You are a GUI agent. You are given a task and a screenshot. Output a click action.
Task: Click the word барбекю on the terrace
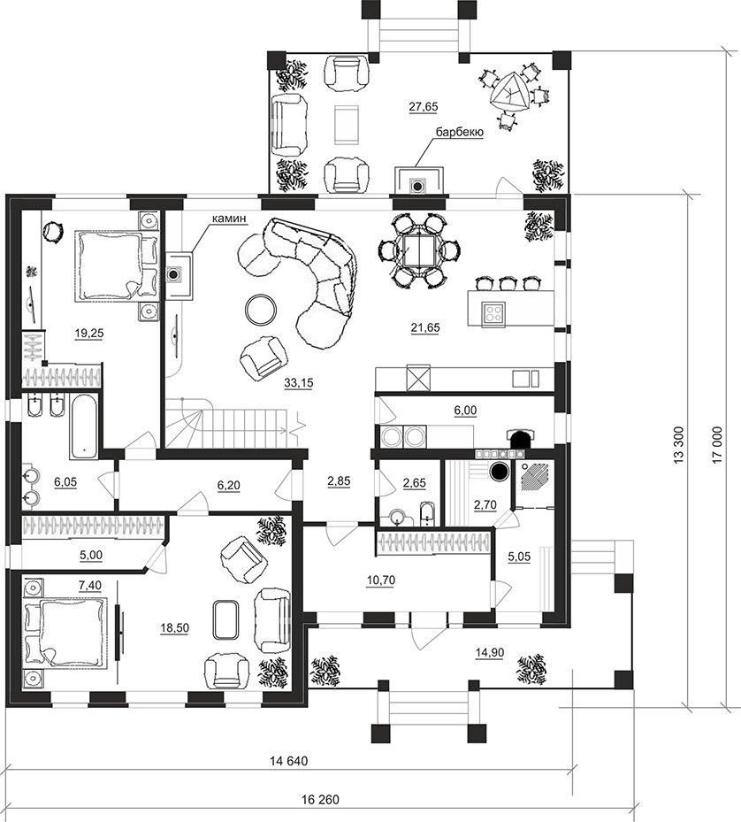pos(459,132)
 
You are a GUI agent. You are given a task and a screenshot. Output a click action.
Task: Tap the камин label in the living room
pos(229,219)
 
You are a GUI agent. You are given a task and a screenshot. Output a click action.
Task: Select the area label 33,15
pos(298,383)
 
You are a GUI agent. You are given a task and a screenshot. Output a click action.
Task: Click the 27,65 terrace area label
pos(423,107)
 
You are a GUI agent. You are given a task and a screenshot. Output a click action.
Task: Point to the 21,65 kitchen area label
pos(425,328)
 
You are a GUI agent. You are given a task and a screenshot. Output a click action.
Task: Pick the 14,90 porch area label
pos(490,653)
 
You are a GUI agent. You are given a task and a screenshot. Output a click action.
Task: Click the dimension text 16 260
pos(320,800)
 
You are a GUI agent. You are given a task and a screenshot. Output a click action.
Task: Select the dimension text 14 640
pos(289,760)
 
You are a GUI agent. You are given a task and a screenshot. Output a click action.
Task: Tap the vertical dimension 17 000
pos(717,444)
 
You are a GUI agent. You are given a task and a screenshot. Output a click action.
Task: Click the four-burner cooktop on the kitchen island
pos(494,313)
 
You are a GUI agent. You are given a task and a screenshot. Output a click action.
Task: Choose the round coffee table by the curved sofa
pos(261,310)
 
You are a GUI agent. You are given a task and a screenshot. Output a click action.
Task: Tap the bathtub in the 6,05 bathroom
pos(83,426)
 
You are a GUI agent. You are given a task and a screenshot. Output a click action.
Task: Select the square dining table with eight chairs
pos(419,250)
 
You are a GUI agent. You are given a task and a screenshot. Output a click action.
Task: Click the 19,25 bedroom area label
pos(89,333)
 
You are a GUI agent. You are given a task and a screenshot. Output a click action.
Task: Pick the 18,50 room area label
pos(174,628)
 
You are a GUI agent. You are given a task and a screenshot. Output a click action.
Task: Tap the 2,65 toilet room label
pos(414,483)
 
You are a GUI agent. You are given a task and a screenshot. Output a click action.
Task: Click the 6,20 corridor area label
pos(228,486)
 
